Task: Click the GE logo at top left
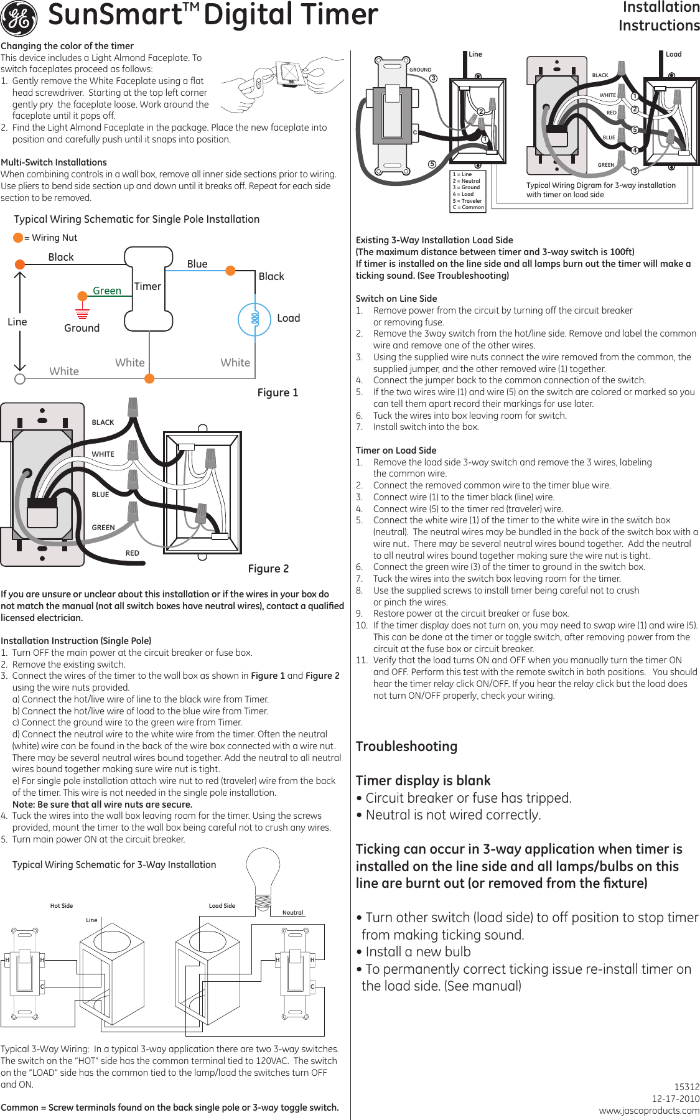pyautogui.click(x=19, y=18)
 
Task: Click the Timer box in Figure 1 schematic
pyautogui.click(x=148, y=288)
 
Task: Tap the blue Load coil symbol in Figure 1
pyautogui.click(x=254, y=319)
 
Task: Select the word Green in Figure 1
pyautogui.click(x=107, y=291)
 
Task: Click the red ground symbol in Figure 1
pyautogui.click(x=82, y=313)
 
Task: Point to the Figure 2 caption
pyautogui.click(x=268, y=569)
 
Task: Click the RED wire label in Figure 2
pyautogui.click(x=133, y=553)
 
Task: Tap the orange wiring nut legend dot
pyautogui.click(x=18, y=238)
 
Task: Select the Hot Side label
pyautogui.click(x=62, y=906)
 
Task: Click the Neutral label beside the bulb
pyautogui.click(x=292, y=913)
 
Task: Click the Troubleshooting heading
pyautogui.click(x=406, y=747)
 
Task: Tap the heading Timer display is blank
pyautogui.click(x=423, y=781)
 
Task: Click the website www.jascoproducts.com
pyautogui.click(x=649, y=1111)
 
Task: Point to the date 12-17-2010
pyautogui.click(x=675, y=1099)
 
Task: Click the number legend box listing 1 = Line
pyautogui.click(x=468, y=191)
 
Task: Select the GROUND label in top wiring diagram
pyautogui.click(x=420, y=70)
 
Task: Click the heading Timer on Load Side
pyautogui.click(x=396, y=450)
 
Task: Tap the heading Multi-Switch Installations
pyautogui.click(x=54, y=162)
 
